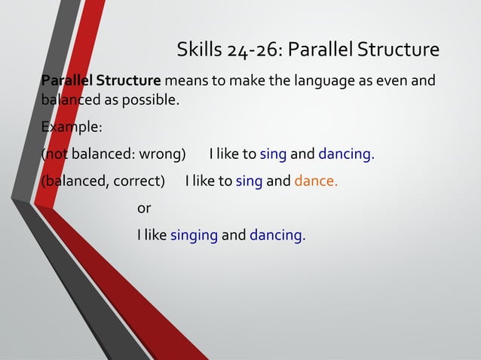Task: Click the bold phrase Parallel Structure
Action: [101, 80]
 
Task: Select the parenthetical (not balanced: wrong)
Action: [114, 154]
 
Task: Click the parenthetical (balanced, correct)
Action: [103, 182]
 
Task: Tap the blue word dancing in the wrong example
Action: [346, 154]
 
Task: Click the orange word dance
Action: [316, 182]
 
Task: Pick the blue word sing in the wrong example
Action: [273, 154]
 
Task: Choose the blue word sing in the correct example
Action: [249, 182]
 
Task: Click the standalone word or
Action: [144, 208]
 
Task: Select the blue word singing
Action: [194, 235]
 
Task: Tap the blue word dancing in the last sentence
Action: [277, 235]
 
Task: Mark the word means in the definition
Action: [183, 80]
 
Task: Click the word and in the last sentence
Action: [234, 235]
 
